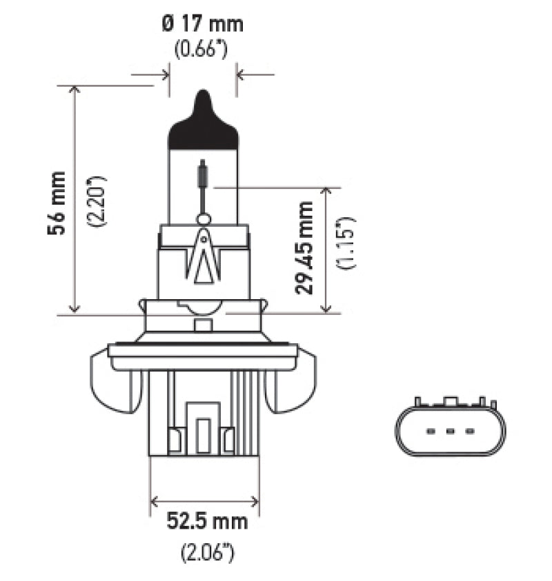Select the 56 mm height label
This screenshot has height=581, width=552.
tap(58, 203)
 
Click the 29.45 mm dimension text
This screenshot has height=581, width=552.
tap(304, 247)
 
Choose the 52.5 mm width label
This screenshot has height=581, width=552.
tap(206, 522)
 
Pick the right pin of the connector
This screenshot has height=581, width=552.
tap(470, 431)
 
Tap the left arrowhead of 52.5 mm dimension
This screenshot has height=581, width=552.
tap(155, 501)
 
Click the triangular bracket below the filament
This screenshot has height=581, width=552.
tap(203, 259)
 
